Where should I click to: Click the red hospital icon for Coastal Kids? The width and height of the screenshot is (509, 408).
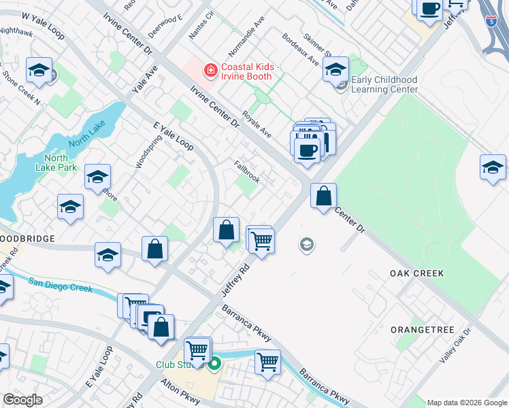pyautogui.click(x=211, y=69)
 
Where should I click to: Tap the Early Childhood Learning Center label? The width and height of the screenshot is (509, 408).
pyautogui.click(x=384, y=84)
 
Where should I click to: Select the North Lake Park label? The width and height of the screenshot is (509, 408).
pyautogui.click(x=57, y=162)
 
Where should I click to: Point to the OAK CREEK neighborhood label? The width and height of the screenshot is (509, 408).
pyautogui.click(x=416, y=273)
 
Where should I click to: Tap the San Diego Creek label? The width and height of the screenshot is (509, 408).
pyautogui.click(x=60, y=285)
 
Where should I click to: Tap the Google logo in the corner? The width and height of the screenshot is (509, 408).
pyautogui.click(x=22, y=400)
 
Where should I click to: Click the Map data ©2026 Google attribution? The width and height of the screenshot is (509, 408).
pyautogui.click(x=467, y=402)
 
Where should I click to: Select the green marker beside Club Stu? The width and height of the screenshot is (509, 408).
pyautogui.click(x=214, y=364)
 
